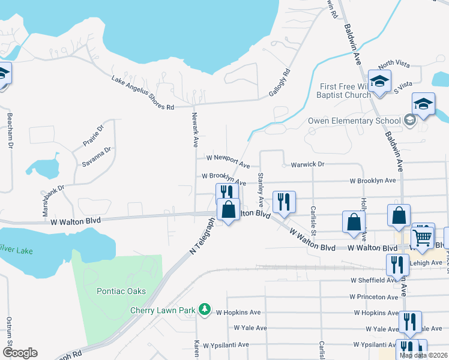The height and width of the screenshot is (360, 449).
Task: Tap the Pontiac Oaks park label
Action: pos(121,291)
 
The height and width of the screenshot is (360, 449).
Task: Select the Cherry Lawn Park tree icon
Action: pos(205,309)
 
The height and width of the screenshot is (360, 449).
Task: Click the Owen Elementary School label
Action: pos(354,121)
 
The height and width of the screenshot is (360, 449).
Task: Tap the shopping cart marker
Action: pos(423,236)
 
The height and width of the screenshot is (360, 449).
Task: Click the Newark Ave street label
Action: pos(194,130)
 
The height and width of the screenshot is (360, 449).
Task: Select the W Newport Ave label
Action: pos(228,160)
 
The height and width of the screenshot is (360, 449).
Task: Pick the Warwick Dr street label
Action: pos(307,164)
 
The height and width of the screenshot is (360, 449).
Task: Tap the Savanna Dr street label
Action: pos(100,158)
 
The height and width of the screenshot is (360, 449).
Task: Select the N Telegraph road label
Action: pos(202,236)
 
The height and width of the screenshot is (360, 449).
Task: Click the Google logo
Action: pos(20,353)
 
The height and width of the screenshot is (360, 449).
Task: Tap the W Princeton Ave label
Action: pos(375,296)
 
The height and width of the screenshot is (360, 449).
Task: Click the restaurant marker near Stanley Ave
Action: pos(283,202)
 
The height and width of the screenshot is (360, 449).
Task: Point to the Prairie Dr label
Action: pos(93,136)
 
